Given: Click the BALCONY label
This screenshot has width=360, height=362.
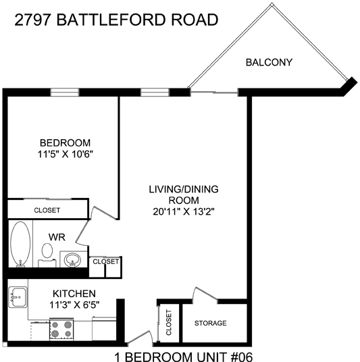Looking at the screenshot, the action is coord(269,62).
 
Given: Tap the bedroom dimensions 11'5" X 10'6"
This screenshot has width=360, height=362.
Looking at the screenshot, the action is coord(65,154).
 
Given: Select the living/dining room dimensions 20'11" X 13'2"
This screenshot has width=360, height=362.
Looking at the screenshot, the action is coord(184,211).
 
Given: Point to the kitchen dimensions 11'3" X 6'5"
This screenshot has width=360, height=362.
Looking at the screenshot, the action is coord(74,305).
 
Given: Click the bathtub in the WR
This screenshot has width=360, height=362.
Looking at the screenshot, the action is coord(20,244).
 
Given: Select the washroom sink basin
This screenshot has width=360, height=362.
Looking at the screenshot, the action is coord(72,260).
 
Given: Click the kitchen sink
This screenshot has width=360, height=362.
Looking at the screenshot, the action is coord(18,297).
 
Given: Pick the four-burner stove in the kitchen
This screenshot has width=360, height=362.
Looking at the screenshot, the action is coord(61,329).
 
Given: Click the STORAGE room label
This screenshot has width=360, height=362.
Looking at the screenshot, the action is coord(210,323).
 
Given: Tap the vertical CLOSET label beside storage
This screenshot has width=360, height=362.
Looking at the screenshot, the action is coord(169,323).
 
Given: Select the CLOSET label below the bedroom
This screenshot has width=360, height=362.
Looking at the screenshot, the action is coord(47,210).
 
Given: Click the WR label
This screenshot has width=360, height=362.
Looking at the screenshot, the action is coord(57,237).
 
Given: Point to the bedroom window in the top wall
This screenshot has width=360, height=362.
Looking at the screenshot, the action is coord(65,92).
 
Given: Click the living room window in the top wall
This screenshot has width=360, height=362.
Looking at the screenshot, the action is coord(155,92).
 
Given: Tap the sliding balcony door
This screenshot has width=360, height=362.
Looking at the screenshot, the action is coord(214,93).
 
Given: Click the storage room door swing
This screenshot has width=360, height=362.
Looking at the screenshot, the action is coord(205,294).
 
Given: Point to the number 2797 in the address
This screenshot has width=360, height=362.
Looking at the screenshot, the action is coord(32,20).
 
